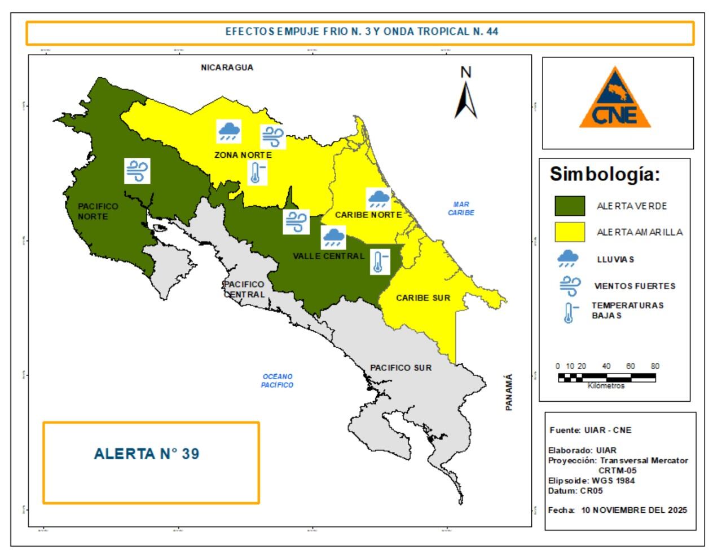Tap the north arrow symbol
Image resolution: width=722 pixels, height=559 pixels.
pos(466,100)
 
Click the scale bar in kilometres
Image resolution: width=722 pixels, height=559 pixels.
pos(606,378)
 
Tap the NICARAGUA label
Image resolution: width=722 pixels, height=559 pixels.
pos(227,68)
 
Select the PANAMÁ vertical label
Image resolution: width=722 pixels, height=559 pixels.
pos(509,392)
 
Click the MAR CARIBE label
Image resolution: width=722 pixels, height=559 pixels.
pos(461,208)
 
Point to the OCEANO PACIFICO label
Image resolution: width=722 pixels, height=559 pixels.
pos(277,380)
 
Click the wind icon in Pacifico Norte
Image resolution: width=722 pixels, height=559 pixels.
pos(137,171)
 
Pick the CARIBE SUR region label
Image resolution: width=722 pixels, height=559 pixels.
pos(423,298)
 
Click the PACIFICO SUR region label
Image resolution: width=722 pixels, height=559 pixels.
pos(400,367)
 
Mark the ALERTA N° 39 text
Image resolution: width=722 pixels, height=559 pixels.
pos(147,454)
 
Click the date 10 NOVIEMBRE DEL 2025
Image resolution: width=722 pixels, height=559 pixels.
pos(634,510)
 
